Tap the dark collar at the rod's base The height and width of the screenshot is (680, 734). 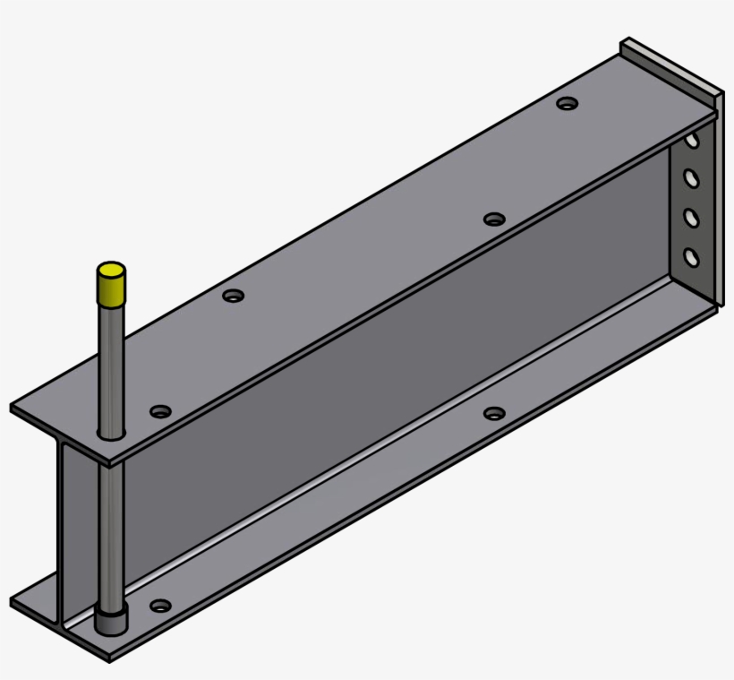111,620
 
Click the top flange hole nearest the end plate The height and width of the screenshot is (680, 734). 567,104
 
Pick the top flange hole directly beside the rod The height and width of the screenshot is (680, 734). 160,411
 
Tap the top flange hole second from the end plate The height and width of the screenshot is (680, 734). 494,219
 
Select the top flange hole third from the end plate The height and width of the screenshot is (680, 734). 234,295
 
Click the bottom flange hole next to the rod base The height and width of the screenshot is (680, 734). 160,606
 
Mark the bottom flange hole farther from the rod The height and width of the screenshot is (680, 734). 494,413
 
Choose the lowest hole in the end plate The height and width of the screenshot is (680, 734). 691,258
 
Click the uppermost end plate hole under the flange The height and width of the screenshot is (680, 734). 692,141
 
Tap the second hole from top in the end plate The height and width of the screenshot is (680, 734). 691,178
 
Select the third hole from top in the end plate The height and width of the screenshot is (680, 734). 691,218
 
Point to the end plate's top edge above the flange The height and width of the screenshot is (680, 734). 671,65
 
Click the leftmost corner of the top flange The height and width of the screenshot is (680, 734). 13,409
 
